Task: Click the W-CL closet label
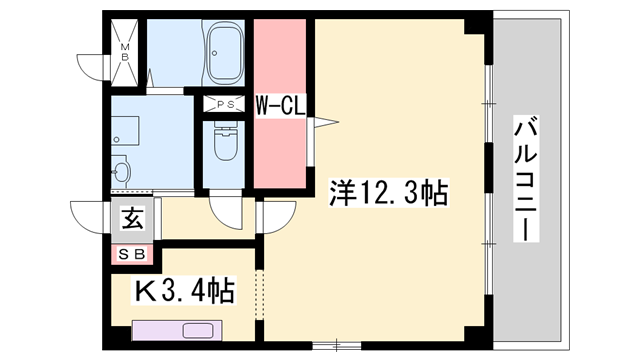[280, 104]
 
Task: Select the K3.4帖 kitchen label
[185, 292]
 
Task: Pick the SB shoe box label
[131, 254]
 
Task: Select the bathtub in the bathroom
[226, 50]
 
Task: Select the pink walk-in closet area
[280, 140]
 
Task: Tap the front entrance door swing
[87, 215]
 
